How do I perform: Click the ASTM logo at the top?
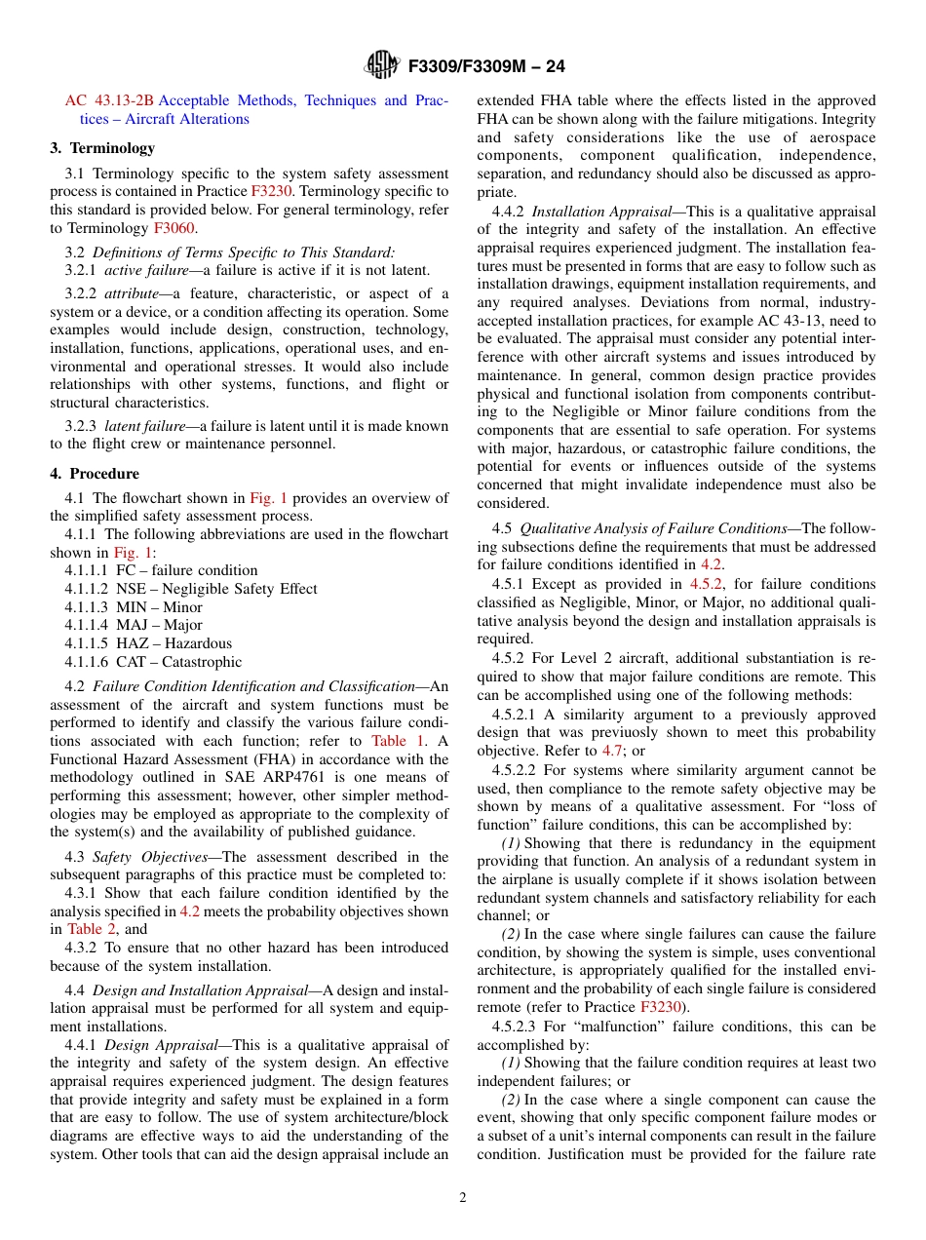point(381,65)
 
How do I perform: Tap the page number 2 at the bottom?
point(463,1197)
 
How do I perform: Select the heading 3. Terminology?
point(102,148)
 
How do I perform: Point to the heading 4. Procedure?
point(95,474)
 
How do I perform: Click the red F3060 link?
point(174,228)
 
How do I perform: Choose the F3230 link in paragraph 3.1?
point(271,192)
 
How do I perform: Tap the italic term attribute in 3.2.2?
point(132,293)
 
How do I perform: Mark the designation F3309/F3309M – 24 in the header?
point(486,66)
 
